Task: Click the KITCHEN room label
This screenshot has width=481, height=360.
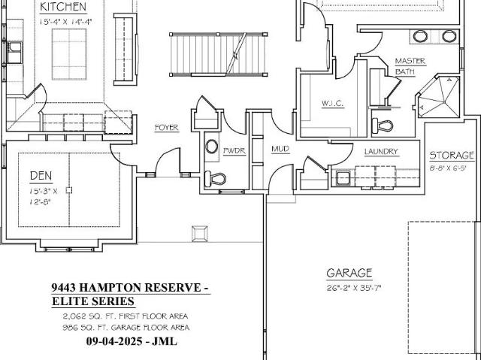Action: click(x=63, y=7)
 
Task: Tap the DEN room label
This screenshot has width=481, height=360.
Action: click(x=41, y=176)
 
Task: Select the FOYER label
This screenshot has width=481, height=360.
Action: click(x=167, y=128)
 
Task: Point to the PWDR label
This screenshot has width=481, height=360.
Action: click(x=234, y=151)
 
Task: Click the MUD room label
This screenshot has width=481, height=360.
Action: click(x=280, y=149)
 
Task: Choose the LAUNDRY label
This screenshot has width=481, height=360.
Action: click(x=381, y=152)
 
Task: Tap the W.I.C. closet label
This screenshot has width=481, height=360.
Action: click(x=332, y=103)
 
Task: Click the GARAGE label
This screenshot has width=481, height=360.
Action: click(x=349, y=273)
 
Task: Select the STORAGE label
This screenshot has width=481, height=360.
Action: click(x=452, y=156)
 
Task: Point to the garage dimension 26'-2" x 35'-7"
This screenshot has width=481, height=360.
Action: click(x=354, y=289)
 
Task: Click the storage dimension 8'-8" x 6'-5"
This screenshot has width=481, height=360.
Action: click(x=448, y=168)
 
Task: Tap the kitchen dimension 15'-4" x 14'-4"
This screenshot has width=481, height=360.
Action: click(x=65, y=22)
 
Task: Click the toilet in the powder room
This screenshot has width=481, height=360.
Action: click(x=215, y=178)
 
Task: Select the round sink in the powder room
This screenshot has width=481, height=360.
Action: click(x=212, y=147)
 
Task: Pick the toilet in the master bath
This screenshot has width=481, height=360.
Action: click(x=383, y=125)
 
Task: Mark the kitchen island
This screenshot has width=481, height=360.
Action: click(x=69, y=54)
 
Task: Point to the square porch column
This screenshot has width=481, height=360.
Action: click(x=200, y=234)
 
